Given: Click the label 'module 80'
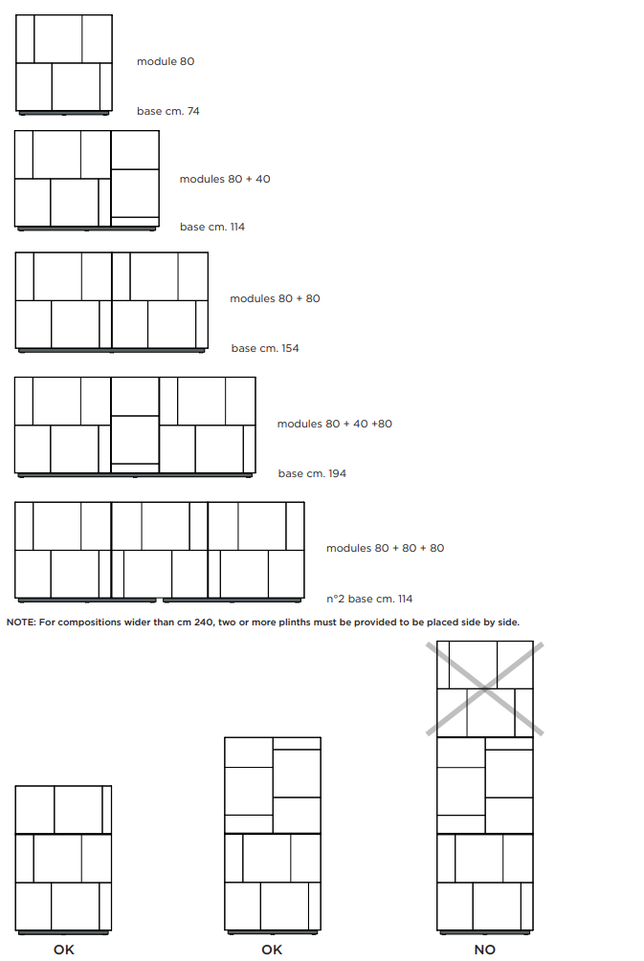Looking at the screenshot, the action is (166, 61).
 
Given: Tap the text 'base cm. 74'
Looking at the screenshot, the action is (168, 111).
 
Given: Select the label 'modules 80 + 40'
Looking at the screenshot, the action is (225, 179).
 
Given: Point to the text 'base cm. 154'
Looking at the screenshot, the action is (265, 348).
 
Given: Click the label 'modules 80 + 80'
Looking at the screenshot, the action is (275, 298).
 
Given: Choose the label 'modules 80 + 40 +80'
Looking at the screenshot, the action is (334, 424).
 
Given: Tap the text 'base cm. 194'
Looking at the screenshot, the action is (312, 473).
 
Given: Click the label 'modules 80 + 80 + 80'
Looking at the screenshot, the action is (386, 548).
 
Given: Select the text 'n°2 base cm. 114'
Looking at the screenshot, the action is (369, 599).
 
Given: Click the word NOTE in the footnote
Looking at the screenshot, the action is (21, 622).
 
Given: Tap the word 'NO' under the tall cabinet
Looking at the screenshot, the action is (484, 950).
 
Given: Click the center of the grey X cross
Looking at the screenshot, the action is (484, 688).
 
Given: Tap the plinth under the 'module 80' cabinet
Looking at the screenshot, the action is (64, 113).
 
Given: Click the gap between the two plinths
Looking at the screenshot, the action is (160, 600).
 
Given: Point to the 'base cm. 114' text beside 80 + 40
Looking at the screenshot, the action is (212, 227).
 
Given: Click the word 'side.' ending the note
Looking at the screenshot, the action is (507, 622).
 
